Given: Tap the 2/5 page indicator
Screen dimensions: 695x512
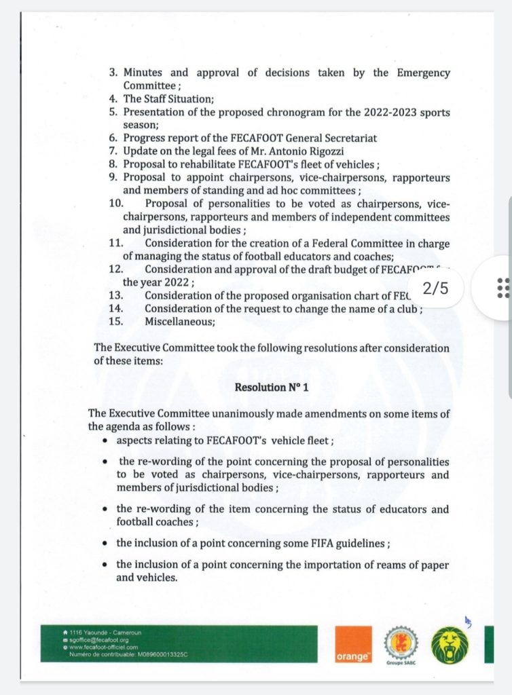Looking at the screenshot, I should click(x=435, y=288).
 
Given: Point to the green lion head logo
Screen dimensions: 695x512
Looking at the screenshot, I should click(x=450, y=644).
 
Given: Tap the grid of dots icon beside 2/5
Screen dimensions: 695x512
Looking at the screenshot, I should click(x=503, y=288).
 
